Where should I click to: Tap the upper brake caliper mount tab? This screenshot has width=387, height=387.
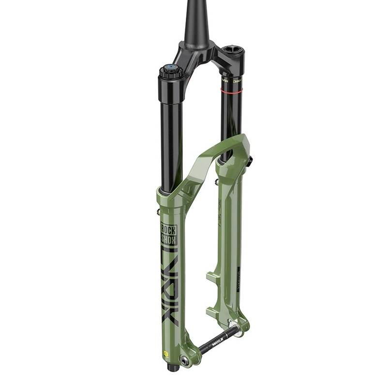click(x=213, y=278)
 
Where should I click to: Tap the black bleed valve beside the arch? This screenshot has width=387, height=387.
click(x=250, y=162)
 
